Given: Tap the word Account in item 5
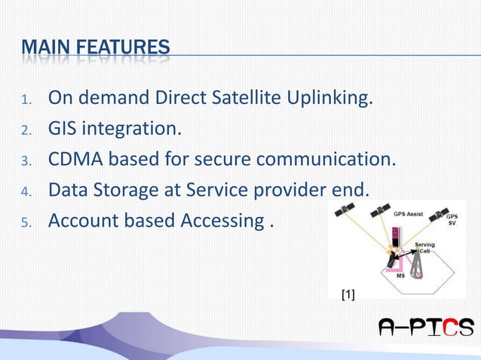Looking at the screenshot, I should pyautogui.click(x=84, y=221).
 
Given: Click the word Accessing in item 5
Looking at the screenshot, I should pyautogui.click(x=219, y=221).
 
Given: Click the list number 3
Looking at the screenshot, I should pyautogui.click(x=24, y=161).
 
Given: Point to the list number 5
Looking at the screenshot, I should pyautogui.click(x=24, y=223).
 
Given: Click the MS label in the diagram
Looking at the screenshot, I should pyautogui.click(x=402, y=276).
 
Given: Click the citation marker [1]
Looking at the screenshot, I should pyautogui.click(x=348, y=295).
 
